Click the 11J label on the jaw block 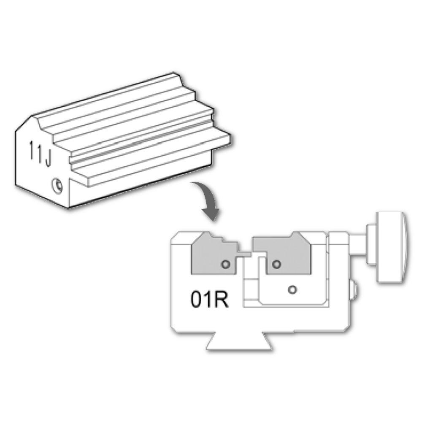coord(40,154)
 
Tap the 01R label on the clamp coord(210,299)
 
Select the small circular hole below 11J coord(57,185)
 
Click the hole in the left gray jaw coord(225,264)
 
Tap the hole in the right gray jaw coord(276,264)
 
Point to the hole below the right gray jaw coord(292,290)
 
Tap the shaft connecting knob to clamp coord(357,245)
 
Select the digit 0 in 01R coord(196,299)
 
